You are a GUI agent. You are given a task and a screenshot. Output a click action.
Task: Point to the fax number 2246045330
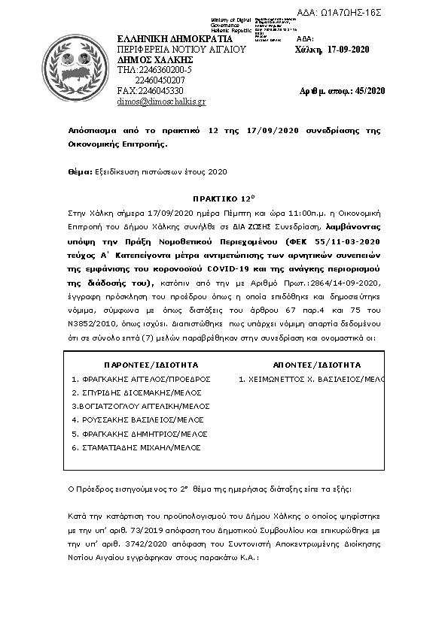coord(151,90)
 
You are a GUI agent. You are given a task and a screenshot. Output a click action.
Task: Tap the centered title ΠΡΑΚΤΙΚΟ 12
coord(224,201)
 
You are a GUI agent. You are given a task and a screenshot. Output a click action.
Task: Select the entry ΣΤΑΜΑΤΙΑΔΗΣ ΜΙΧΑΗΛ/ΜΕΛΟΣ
coord(136,447)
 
